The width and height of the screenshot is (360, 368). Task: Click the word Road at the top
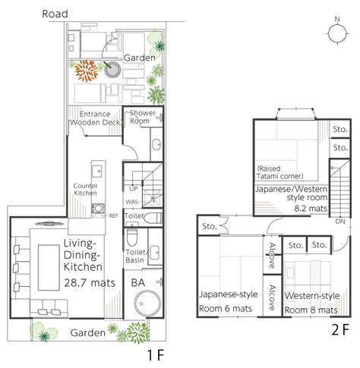point(55,14)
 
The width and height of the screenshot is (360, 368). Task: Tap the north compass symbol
point(338,32)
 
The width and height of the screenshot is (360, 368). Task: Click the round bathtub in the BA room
point(147,304)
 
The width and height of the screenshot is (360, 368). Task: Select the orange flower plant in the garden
point(87,71)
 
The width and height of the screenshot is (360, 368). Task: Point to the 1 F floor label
point(156,355)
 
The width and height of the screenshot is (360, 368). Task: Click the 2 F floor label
point(340,329)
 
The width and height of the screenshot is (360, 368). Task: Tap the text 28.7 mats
point(90,282)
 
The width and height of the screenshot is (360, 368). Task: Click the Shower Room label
point(142,117)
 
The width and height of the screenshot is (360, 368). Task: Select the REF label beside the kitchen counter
point(113,215)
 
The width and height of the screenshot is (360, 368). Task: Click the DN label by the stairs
point(340,222)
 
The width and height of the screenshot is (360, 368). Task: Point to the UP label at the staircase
point(134,189)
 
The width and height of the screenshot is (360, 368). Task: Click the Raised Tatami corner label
point(279,172)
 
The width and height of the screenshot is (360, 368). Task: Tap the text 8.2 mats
point(311,209)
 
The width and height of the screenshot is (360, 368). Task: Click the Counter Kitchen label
point(85,190)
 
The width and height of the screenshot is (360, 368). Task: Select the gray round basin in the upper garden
point(112,70)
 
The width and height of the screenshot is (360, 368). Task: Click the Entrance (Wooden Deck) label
point(95,118)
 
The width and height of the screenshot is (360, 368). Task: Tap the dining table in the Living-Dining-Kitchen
point(49,267)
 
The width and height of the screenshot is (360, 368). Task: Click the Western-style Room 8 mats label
point(312,303)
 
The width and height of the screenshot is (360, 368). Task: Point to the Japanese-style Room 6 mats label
point(229,301)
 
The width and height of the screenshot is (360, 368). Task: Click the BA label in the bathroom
point(138,282)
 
